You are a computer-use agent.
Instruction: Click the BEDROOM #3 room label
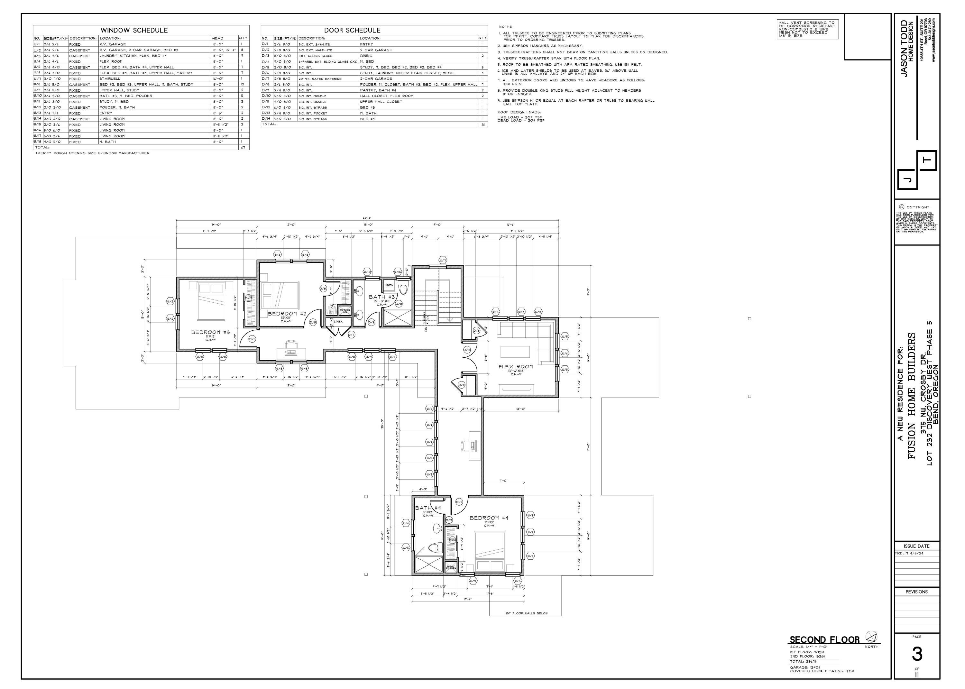pos(210,332)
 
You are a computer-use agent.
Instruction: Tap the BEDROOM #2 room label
pos(287,314)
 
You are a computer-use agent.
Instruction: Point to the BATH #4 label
pos(428,508)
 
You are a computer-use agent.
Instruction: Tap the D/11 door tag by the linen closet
pos(351,335)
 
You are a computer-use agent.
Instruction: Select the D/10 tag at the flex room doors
pos(467,350)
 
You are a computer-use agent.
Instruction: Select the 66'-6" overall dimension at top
pos(368,218)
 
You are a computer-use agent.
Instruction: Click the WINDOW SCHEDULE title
pos(134,30)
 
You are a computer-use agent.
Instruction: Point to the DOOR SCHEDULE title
pos(352,30)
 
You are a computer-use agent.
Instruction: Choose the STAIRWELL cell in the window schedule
pos(110,79)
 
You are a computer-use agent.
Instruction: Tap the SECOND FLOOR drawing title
pos(824,640)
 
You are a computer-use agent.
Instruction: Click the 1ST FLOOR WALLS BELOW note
pos(525,613)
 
